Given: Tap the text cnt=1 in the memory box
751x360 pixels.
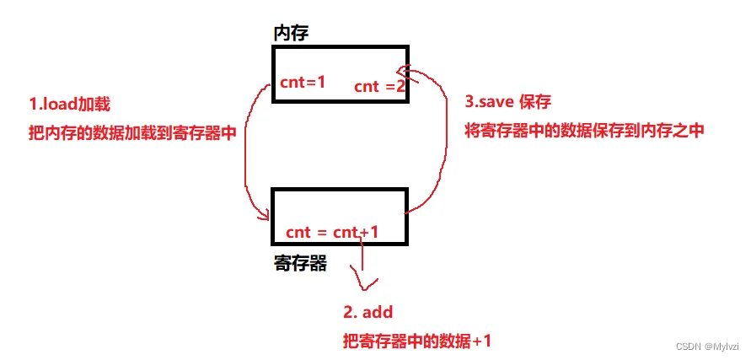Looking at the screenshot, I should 303,83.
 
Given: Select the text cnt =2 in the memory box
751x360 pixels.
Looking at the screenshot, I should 379,86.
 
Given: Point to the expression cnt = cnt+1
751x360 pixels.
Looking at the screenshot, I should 331,232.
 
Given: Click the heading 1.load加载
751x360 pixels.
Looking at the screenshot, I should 69,105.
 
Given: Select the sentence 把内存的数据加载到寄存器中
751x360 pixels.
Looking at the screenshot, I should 132,133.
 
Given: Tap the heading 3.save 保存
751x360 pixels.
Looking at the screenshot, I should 507,102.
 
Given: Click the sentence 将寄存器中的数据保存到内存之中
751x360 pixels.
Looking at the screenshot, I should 584,130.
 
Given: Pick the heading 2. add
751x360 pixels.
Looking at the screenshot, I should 367,312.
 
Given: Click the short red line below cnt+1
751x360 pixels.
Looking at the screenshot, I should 362,257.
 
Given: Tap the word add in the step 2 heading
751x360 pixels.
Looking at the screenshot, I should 378,312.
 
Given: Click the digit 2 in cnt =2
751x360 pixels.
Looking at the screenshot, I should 400,86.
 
